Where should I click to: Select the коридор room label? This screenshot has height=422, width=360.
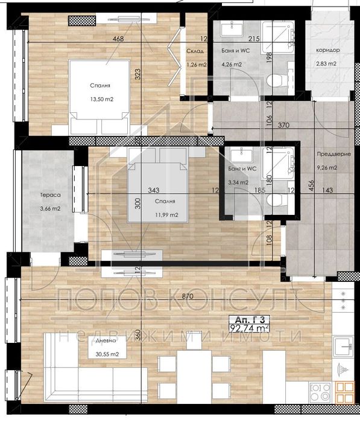(327, 50)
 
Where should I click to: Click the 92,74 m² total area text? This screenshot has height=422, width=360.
(249, 329)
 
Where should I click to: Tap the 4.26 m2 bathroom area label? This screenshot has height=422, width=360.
(232, 65)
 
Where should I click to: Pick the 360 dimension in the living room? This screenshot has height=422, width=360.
(138, 336)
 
